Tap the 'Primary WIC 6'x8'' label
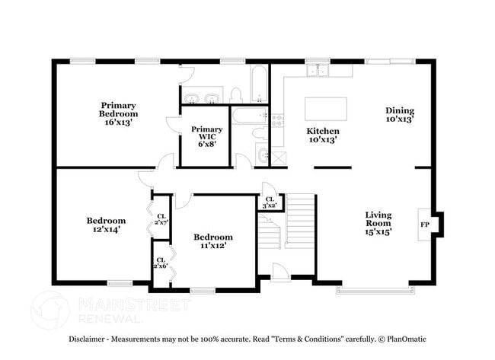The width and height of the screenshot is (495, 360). [x=207, y=135]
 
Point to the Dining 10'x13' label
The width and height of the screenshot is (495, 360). [x=399, y=114]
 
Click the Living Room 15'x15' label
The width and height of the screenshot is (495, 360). [x=378, y=223]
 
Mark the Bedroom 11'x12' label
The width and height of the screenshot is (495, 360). [x=212, y=241]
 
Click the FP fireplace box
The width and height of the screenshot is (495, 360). [x=424, y=225]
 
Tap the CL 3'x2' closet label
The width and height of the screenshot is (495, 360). [x=270, y=202]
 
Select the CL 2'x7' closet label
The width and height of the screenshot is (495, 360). [x=161, y=219]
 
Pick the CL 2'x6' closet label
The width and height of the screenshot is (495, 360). [x=161, y=263]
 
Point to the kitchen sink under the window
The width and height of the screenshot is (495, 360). [x=319, y=72]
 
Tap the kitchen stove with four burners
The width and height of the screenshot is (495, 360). [x=276, y=119]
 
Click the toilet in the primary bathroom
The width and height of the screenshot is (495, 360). [x=236, y=95]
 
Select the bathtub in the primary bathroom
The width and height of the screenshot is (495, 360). [x=259, y=84]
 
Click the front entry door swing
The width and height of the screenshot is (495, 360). [x=279, y=272]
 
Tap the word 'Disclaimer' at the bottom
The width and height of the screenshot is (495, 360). [x=91, y=339]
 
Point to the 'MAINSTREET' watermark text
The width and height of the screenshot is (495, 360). [x=134, y=305]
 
